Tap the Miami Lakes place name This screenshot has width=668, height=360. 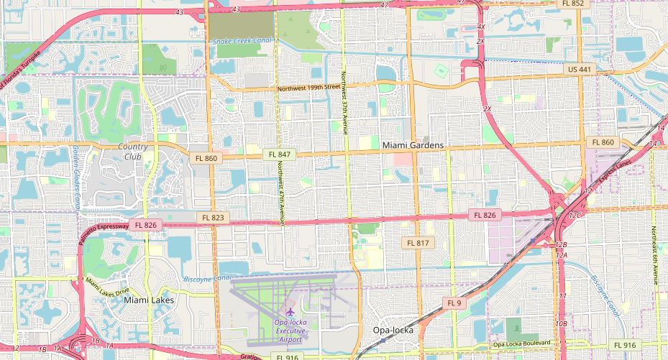(x=149, y=300)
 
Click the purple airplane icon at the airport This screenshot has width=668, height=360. (x=290, y=312)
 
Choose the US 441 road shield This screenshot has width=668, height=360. (x=579, y=70)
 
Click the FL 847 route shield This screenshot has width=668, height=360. (x=279, y=154)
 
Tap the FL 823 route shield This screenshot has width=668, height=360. (x=213, y=218)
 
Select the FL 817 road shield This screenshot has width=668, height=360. (x=418, y=244)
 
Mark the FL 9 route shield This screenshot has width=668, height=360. (x=454, y=303)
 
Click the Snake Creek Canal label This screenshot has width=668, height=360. (x=243, y=41)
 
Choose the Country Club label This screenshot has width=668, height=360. (x=133, y=152)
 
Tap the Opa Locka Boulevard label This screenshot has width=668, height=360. (x=526, y=345)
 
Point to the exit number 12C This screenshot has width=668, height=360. (x=575, y=215)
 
